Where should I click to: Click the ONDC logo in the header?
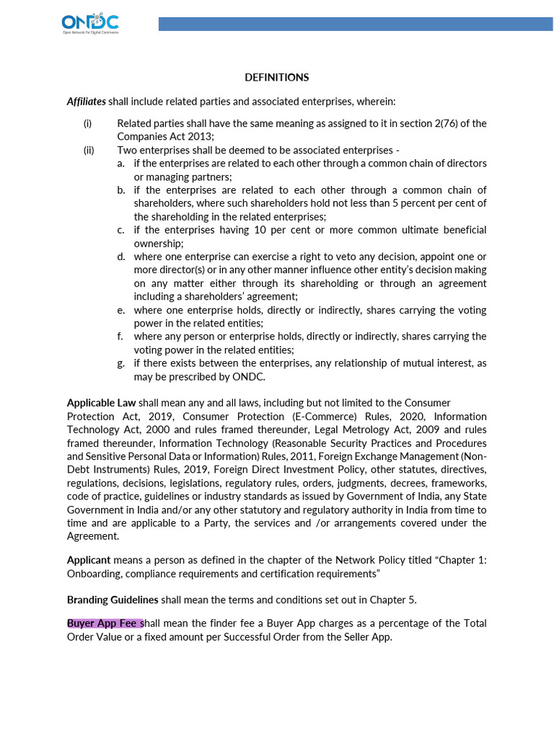(x=90, y=25)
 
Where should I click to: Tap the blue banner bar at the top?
(x=356, y=25)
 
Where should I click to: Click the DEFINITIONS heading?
(x=276, y=77)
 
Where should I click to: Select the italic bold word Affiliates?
(x=87, y=101)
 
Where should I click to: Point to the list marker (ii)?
(x=89, y=150)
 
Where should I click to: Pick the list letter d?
(x=120, y=257)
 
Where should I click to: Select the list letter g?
(x=120, y=363)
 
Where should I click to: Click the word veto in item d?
(x=286, y=257)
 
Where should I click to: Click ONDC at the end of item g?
(x=249, y=376)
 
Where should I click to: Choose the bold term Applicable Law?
(x=101, y=403)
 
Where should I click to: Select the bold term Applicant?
(x=89, y=560)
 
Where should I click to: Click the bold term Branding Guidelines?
(x=113, y=600)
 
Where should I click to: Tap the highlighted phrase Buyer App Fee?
(x=104, y=623)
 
